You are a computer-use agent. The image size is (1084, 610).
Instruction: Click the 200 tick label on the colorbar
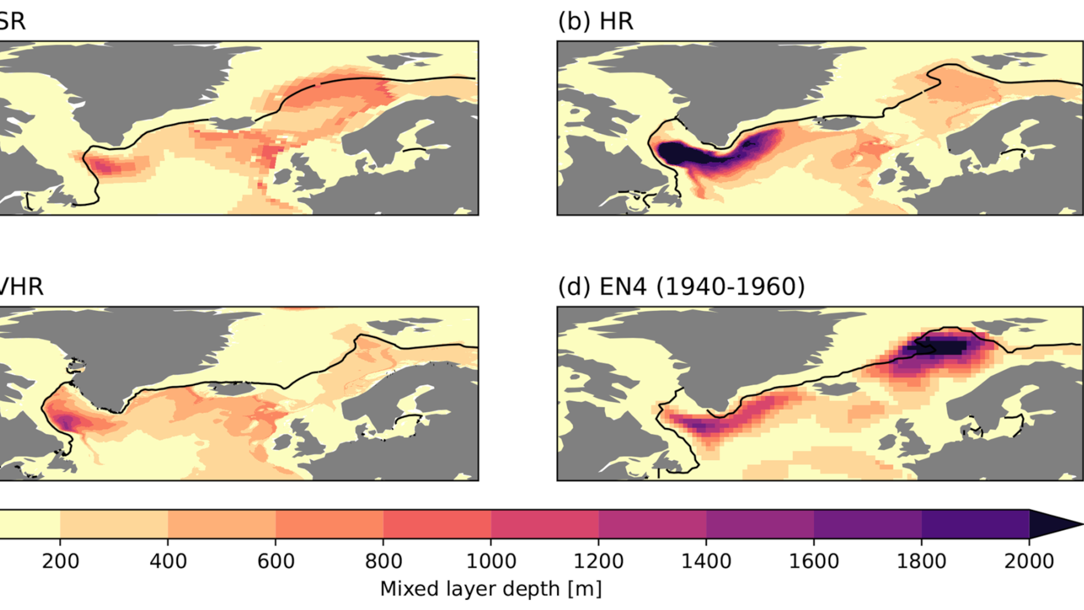pos(60,561)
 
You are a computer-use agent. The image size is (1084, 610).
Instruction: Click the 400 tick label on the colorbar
pos(168,561)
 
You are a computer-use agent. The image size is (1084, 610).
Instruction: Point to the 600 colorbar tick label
pos(276,561)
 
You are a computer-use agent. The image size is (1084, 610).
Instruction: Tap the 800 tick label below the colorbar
pos(384,561)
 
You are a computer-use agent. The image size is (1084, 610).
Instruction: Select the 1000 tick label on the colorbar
pos(491,561)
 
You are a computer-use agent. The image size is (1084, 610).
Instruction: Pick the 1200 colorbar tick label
pos(599,561)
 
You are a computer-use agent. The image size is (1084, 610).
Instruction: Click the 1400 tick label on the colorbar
pos(706,561)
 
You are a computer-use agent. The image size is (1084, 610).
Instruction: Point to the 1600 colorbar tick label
pos(814,561)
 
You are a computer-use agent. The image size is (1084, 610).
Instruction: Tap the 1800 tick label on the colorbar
pos(921,561)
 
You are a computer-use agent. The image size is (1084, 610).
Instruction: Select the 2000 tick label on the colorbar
pos(1029,561)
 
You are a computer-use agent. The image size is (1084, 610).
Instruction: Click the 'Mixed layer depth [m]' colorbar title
pos(491,589)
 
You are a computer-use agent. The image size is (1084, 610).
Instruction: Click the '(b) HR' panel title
pos(596,21)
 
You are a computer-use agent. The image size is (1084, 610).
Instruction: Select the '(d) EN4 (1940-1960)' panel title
pos(681,287)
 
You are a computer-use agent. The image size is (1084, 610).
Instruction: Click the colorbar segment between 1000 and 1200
pos(545,524)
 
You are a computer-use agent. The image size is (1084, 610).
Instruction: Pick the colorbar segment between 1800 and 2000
pos(976,524)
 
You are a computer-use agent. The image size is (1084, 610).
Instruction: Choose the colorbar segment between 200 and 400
pos(114,524)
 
